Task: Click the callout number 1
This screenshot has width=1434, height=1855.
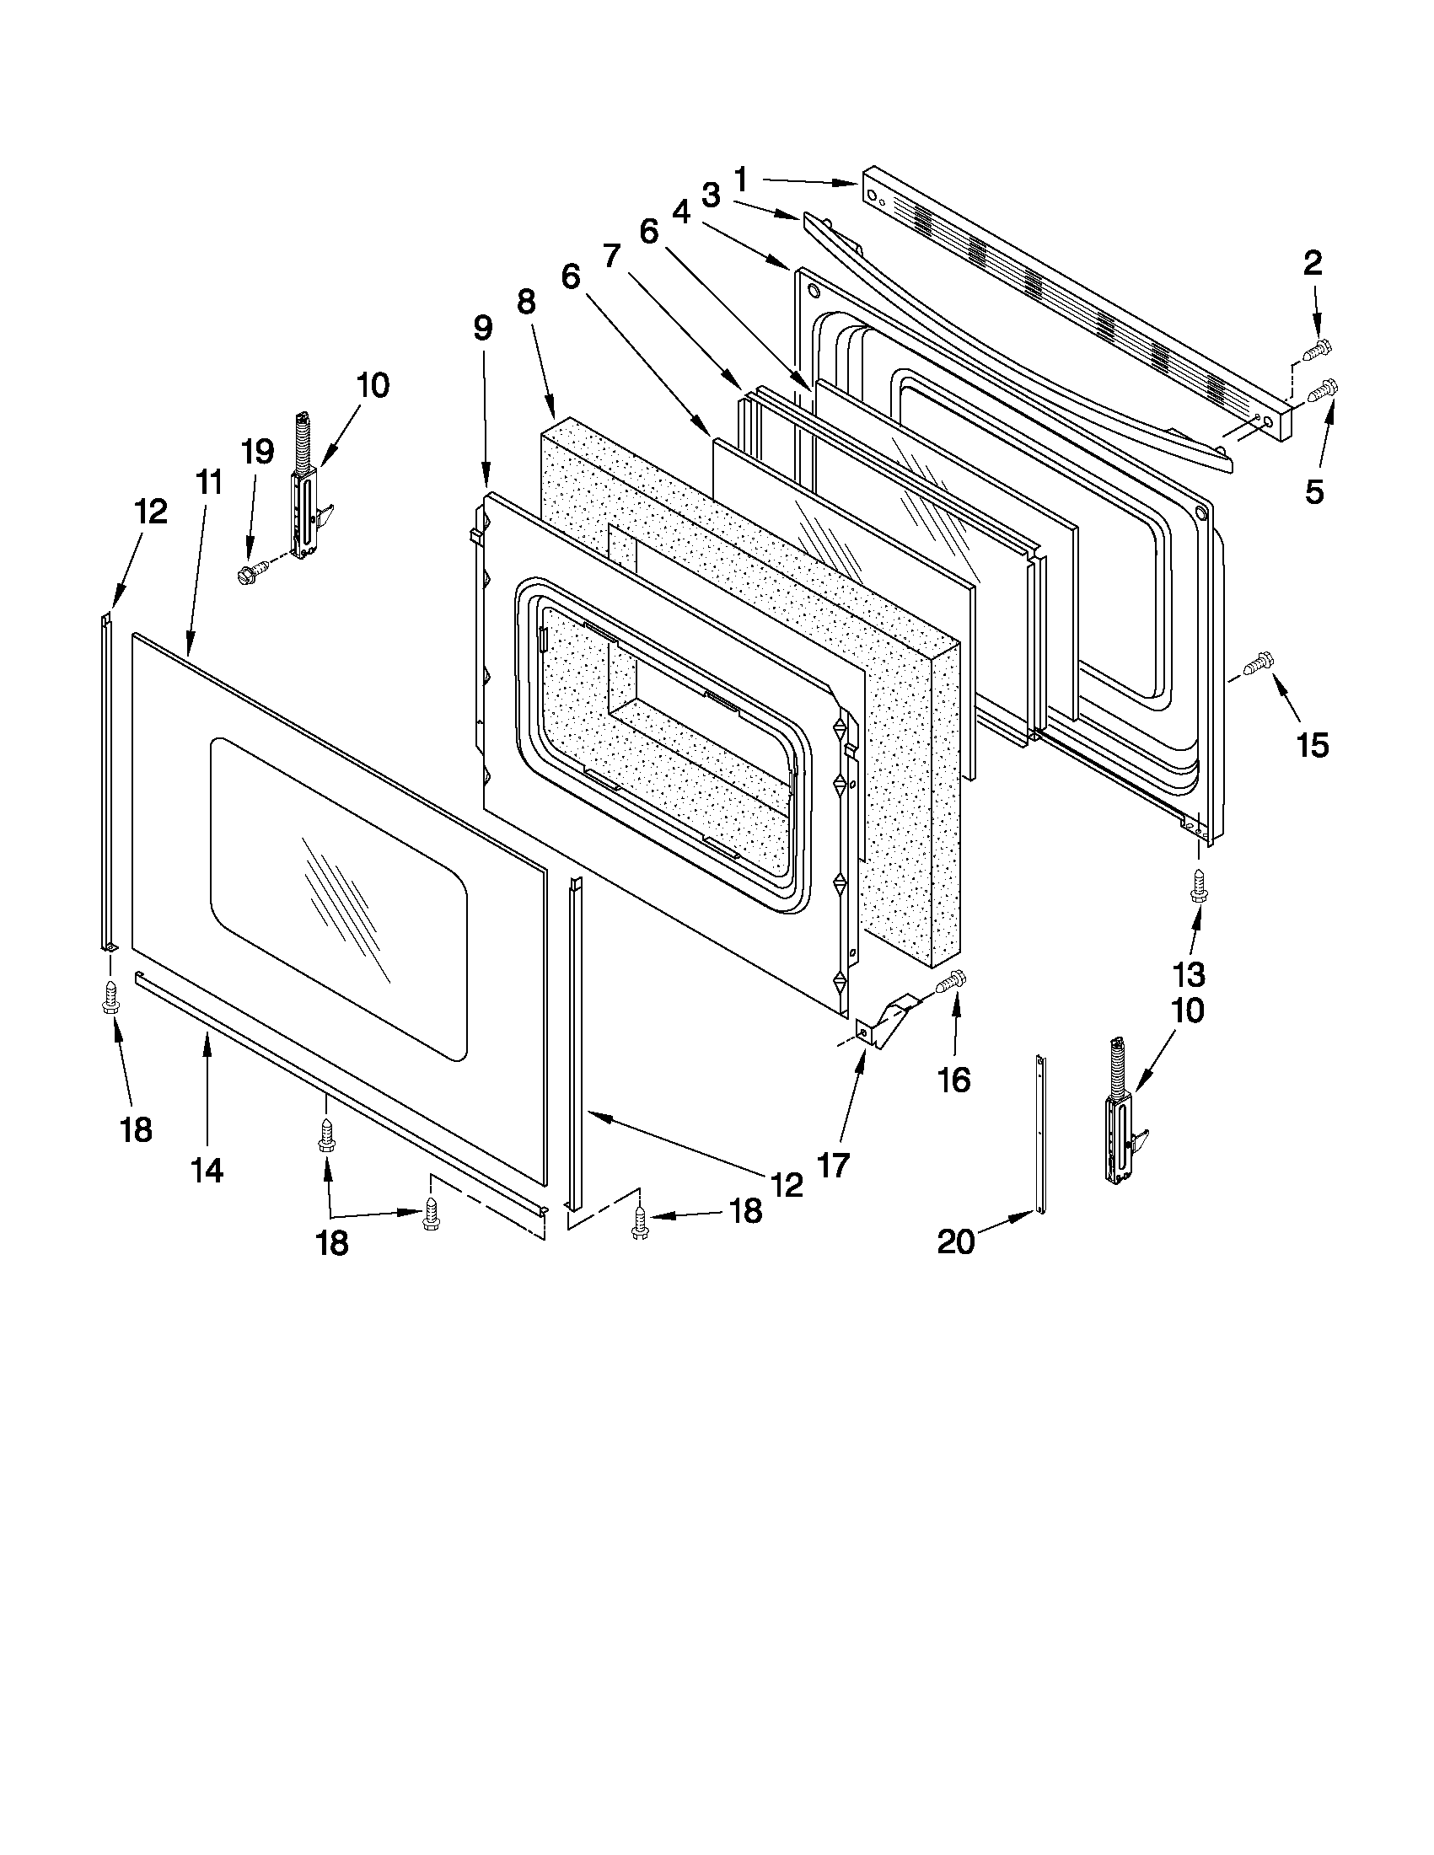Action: point(741,180)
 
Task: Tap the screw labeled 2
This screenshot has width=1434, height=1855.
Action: point(1316,348)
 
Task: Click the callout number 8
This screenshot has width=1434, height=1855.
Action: point(527,302)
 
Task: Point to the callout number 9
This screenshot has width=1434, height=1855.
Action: point(482,329)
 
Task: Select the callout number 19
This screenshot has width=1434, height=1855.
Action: point(257,451)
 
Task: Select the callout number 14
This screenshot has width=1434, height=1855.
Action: point(207,1171)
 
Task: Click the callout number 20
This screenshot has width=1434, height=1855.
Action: point(956,1241)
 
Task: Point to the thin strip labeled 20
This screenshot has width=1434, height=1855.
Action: point(1040,1134)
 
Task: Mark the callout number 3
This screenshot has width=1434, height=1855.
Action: point(711,196)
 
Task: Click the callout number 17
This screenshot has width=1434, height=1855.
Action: point(834,1166)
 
